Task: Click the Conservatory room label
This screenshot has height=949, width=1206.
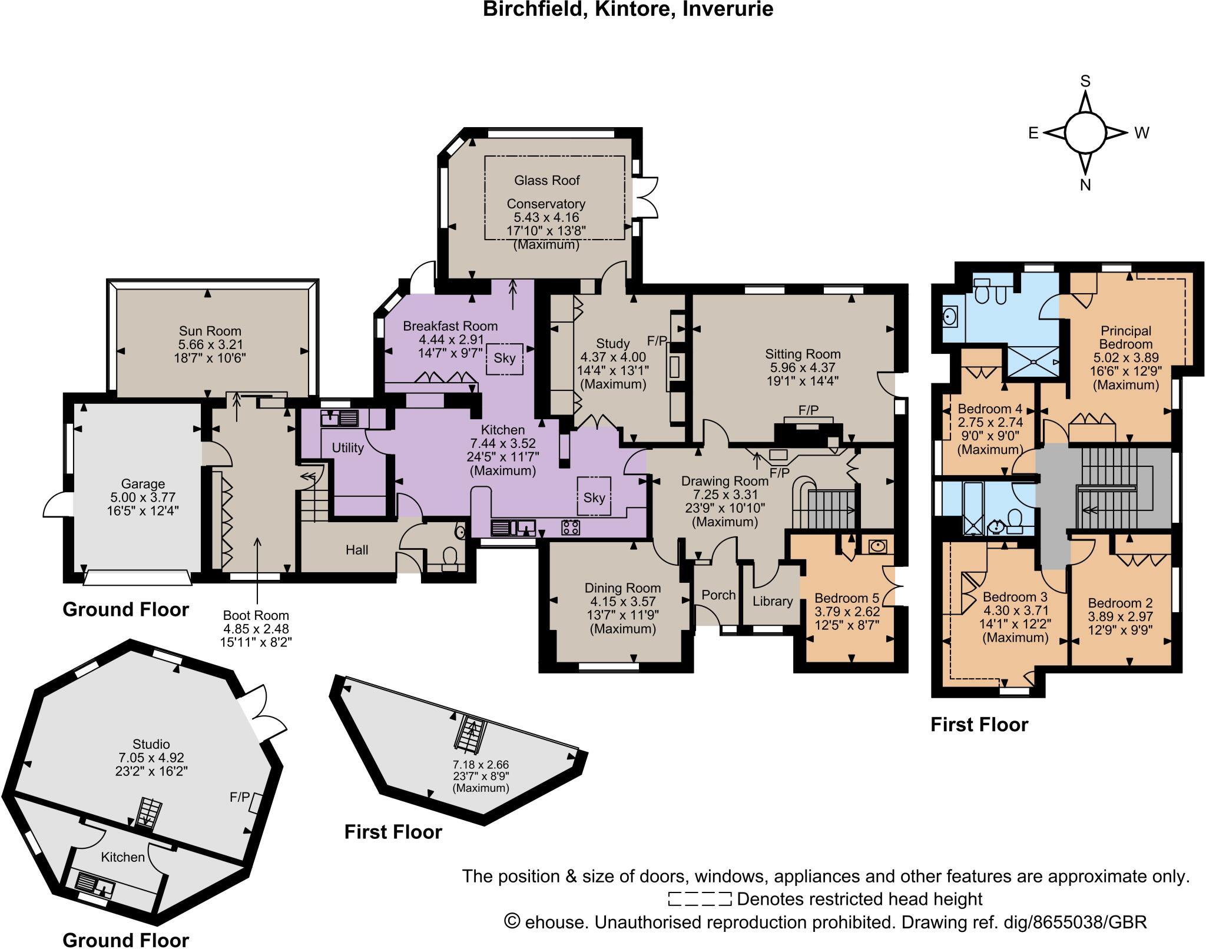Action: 546,204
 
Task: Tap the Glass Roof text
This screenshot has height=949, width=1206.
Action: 547,180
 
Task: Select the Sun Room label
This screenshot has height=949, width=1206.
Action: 210,331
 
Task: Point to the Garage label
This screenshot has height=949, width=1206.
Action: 143,484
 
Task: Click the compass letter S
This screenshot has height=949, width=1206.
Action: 1085,81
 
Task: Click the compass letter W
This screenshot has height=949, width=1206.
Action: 1142,133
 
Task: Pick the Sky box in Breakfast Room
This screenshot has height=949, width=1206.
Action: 505,358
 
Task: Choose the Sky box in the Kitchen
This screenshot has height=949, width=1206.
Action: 594,497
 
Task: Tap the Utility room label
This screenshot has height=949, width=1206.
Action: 347,448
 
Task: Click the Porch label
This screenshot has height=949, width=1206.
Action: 718,595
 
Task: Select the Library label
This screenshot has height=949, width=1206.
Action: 772,601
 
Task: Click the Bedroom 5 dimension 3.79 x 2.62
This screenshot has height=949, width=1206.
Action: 847,612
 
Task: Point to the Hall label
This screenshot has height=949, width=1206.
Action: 357,550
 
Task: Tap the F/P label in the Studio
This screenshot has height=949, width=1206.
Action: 239,798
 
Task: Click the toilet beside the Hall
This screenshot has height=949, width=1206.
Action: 449,557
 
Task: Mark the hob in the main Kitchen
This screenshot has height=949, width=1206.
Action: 570,527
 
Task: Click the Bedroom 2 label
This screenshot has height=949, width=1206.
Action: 1120,603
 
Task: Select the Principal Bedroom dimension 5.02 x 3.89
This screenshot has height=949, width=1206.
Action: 1126,358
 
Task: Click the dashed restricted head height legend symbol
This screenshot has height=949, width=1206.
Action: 700,899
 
